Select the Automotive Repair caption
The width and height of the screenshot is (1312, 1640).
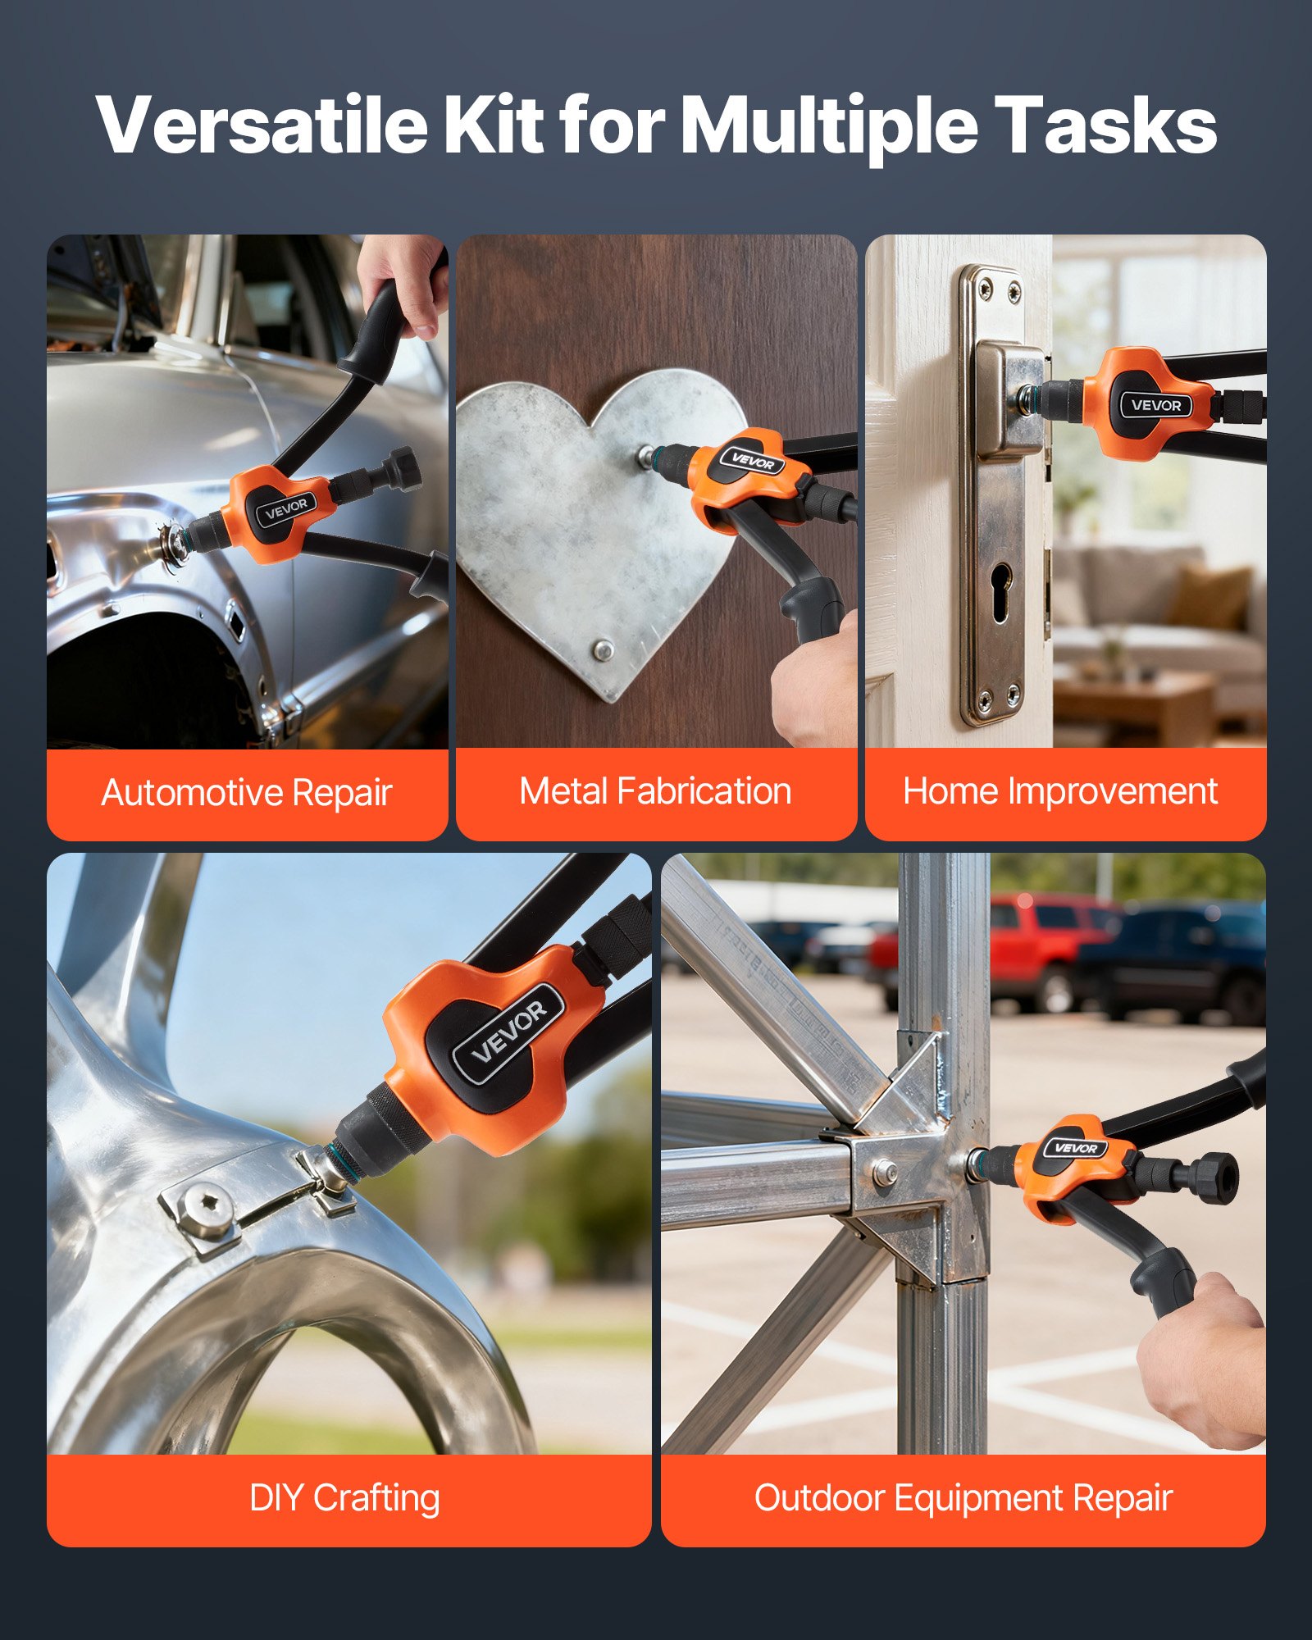[x=247, y=793]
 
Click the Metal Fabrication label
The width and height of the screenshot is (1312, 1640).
[x=655, y=792]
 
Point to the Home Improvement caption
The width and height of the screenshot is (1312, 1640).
[x=1059, y=792]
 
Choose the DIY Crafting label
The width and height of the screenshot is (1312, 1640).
[x=344, y=1498]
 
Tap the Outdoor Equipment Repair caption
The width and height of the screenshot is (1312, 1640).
[x=963, y=1498]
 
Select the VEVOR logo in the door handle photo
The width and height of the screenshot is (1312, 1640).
[x=1155, y=404]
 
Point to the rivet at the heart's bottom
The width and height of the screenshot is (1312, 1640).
[x=604, y=651]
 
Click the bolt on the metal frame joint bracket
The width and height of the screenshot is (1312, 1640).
[x=883, y=1173]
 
